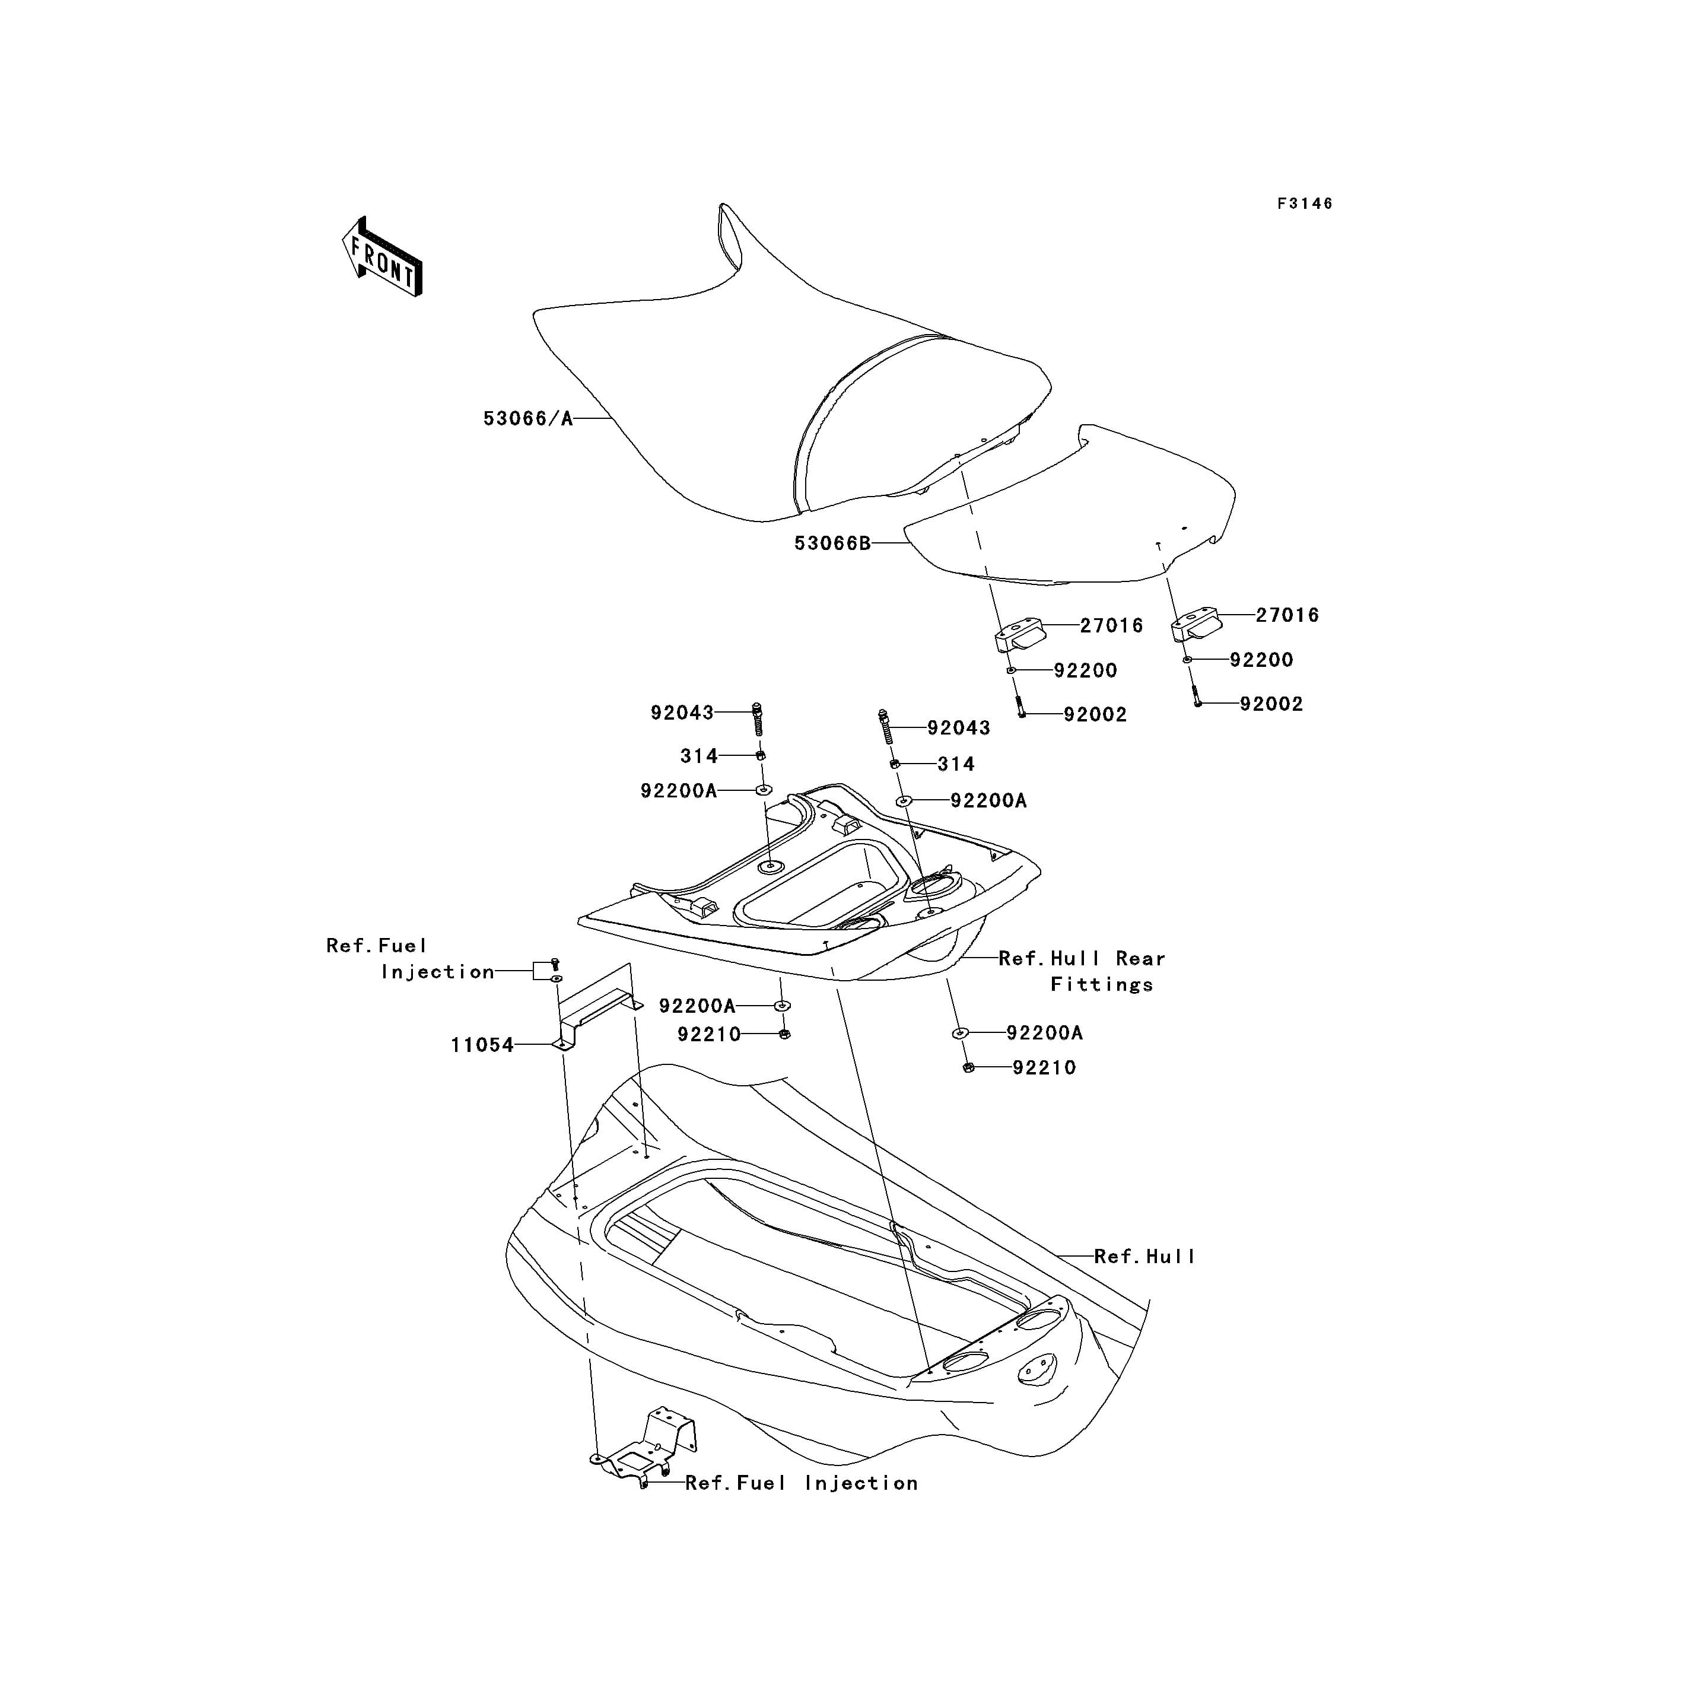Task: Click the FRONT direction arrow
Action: click(382, 256)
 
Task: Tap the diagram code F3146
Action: click(1305, 204)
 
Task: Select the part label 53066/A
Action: click(528, 418)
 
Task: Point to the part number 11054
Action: click(482, 1045)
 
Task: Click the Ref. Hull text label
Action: click(1144, 1257)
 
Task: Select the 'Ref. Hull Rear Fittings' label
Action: click(1082, 971)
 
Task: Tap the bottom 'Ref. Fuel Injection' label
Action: click(801, 1483)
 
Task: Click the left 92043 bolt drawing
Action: click(757, 718)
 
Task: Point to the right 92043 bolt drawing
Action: click(886, 726)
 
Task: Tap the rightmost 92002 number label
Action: click(1271, 704)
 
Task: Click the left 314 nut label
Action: click(699, 755)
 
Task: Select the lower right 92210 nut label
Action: click(1044, 1067)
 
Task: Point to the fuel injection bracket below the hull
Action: click(644, 1448)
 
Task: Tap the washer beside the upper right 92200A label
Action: click(904, 800)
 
